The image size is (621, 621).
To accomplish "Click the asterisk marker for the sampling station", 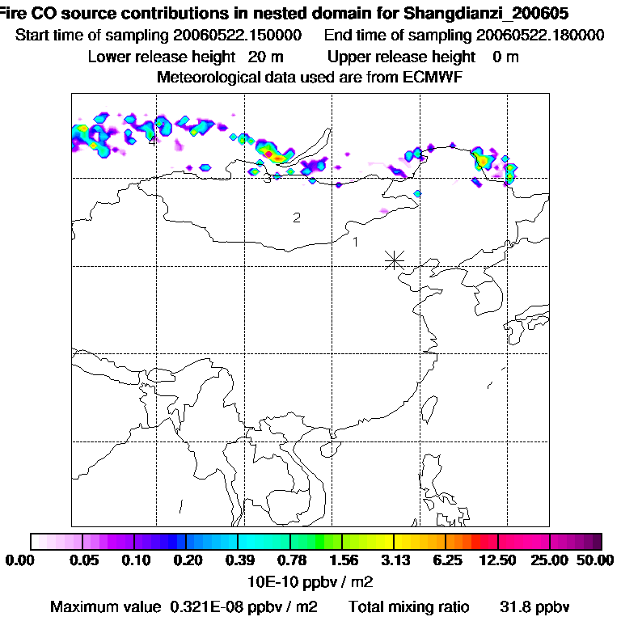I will click(x=394, y=259).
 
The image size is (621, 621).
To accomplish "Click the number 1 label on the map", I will click(x=355, y=241).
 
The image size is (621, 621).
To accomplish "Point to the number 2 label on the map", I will click(x=297, y=218).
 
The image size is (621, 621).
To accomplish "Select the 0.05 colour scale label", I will click(x=84, y=562).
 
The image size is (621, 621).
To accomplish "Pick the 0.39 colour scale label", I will click(x=238, y=562).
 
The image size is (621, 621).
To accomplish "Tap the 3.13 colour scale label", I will click(x=394, y=562).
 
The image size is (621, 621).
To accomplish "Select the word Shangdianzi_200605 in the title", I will click(x=486, y=14).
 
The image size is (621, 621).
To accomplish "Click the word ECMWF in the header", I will click(x=431, y=77).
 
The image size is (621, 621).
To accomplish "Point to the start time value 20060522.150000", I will click(x=238, y=36).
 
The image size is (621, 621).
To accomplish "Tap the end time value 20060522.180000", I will click(x=540, y=36).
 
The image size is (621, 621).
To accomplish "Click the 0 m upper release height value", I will click(x=505, y=57).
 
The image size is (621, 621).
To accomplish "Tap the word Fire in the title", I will click(x=15, y=14).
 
